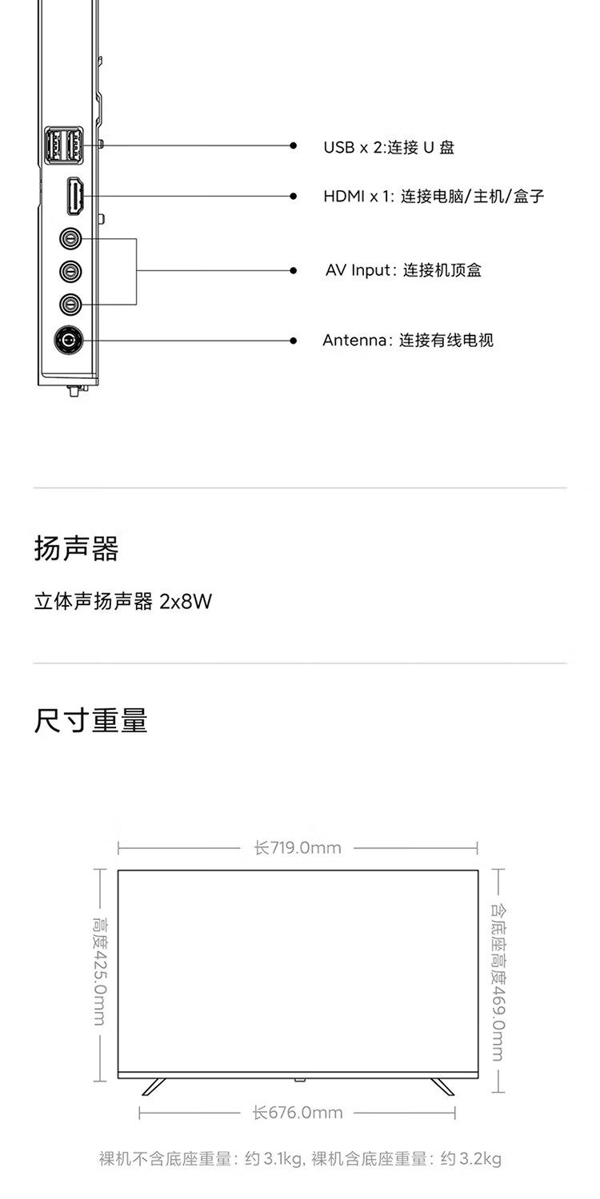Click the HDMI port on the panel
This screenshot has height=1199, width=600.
click(76, 197)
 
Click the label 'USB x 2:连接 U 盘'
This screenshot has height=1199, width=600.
click(389, 147)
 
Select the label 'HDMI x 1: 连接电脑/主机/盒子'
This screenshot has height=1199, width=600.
click(434, 197)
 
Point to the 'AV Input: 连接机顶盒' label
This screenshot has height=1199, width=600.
click(403, 270)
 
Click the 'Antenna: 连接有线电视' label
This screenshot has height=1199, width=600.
click(408, 341)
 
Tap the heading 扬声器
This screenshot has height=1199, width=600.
click(77, 549)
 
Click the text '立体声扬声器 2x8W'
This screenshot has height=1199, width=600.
click(122, 601)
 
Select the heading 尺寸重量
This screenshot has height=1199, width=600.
click(91, 720)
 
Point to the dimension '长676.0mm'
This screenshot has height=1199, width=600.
click(298, 1113)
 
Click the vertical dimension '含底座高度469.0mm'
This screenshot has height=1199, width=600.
click(497, 982)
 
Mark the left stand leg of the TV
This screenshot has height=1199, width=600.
click(154, 1087)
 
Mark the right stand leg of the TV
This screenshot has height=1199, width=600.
click(442, 1087)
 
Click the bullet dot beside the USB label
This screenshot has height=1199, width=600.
click(294, 146)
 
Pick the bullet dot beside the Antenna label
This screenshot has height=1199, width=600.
click(294, 341)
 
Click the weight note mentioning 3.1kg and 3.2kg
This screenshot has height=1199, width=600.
click(300, 1159)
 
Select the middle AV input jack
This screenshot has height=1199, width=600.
click(70, 271)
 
